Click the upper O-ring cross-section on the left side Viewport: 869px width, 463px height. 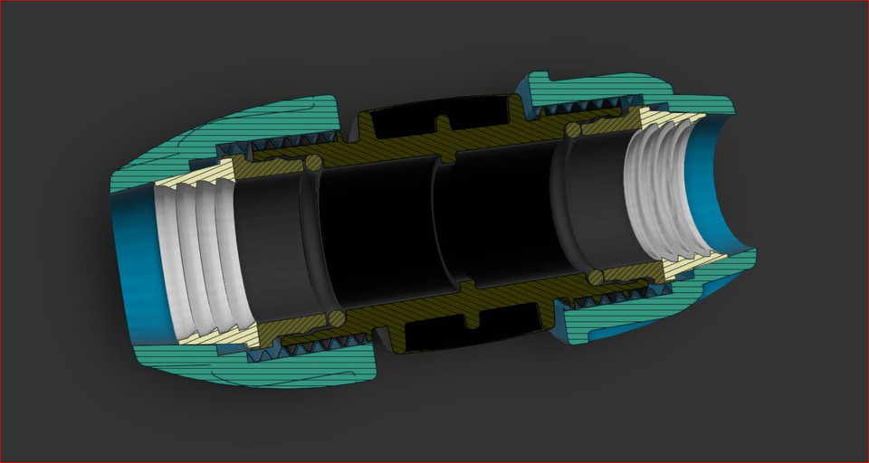(x=312, y=164)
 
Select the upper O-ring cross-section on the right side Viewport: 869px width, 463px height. (x=573, y=132)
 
